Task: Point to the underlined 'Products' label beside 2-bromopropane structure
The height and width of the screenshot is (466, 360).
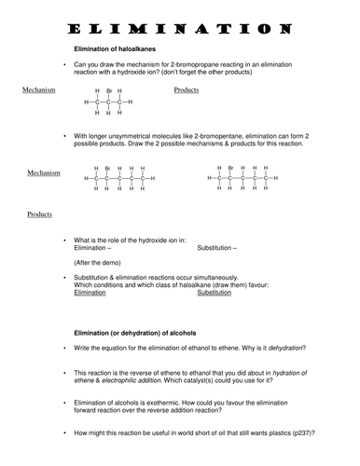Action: click(190, 89)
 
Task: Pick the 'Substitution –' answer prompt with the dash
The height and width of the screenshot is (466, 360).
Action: click(217, 247)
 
